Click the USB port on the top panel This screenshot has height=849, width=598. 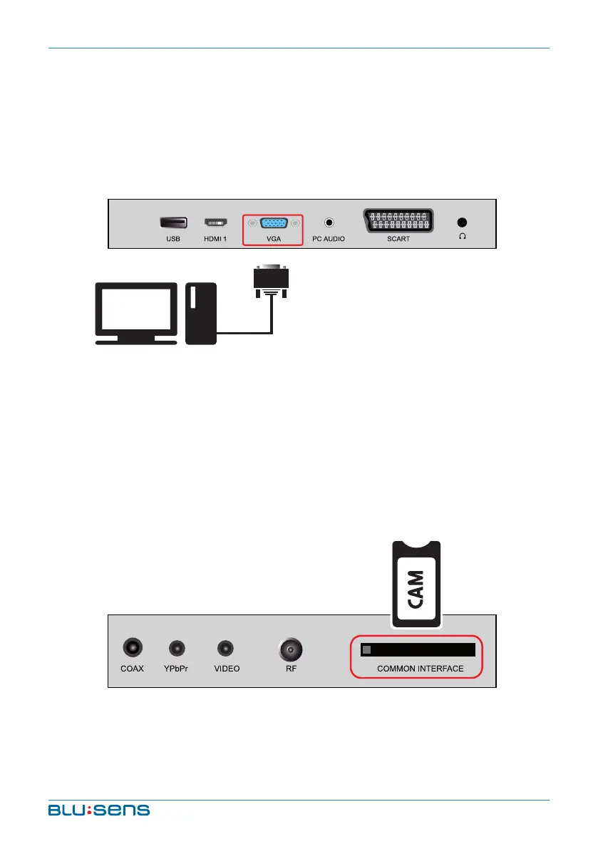point(173,222)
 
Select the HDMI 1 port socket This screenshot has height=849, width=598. point(215,222)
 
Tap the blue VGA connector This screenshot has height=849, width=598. point(274,222)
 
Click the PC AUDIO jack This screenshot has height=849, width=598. point(329,222)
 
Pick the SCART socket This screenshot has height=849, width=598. point(398,221)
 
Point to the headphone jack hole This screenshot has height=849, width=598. point(463,222)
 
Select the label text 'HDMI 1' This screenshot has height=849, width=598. point(215,239)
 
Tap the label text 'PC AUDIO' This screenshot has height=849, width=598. point(329,239)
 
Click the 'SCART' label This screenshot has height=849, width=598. point(398,239)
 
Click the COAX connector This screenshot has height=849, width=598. point(133,649)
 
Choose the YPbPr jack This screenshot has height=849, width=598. point(176,649)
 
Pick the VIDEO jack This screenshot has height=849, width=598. point(226,649)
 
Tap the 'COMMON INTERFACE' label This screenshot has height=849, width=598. point(420,669)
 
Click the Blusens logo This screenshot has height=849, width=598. point(98,810)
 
